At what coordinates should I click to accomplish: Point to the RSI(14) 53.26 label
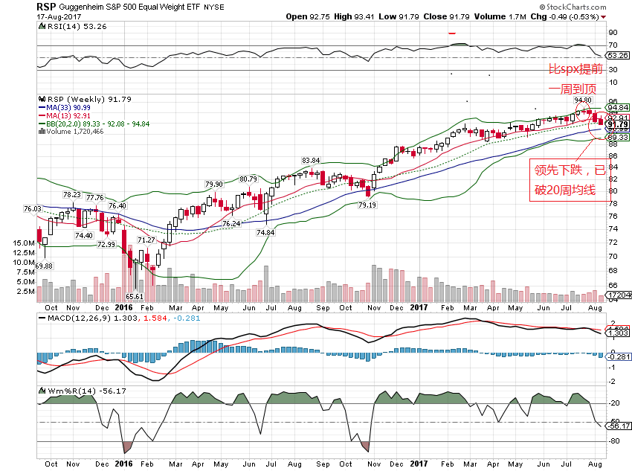[x=66, y=25]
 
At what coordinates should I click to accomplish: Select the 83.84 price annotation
[x=310, y=160]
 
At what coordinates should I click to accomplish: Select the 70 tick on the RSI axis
[x=613, y=46]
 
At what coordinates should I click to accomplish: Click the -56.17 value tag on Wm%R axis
[x=619, y=426]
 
